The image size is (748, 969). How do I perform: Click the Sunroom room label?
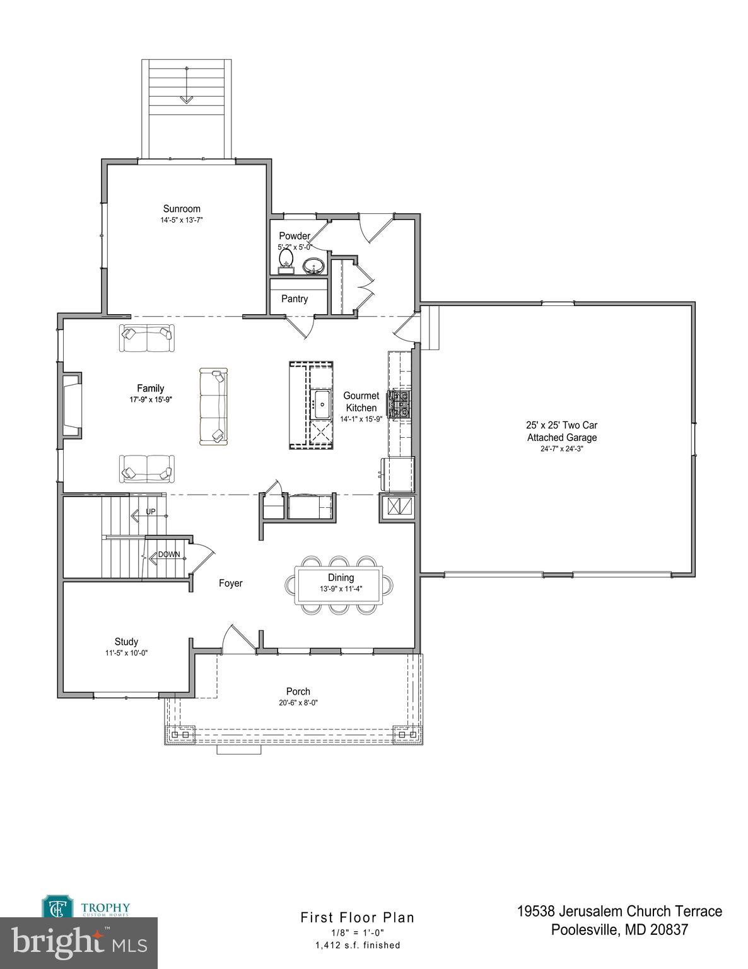click(x=182, y=209)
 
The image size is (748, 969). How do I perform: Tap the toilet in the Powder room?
click(x=286, y=259)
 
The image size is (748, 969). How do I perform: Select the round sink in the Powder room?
click(x=313, y=266)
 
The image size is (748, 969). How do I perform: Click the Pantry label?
click(x=295, y=299)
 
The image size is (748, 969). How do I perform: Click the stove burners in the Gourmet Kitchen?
click(x=399, y=404)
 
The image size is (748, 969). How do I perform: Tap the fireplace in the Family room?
click(x=71, y=405)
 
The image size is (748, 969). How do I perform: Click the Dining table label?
click(x=341, y=577)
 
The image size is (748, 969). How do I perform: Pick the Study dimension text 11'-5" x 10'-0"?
click(x=126, y=653)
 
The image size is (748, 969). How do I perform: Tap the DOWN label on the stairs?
click(x=169, y=555)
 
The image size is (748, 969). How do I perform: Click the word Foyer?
click(x=230, y=584)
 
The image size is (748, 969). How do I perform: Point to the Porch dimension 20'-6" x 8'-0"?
click(x=298, y=703)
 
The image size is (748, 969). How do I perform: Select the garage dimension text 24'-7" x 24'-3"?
click(x=561, y=449)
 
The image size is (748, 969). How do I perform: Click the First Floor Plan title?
click(x=357, y=917)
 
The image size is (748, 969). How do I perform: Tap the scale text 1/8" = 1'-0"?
click(x=357, y=932)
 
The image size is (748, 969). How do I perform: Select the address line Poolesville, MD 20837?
click(x=619, y=930)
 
